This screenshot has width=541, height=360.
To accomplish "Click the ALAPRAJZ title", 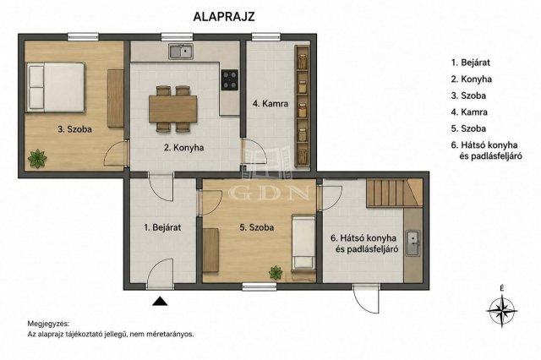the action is tap(224, 17).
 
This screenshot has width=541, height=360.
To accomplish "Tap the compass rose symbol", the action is tap(501, 310).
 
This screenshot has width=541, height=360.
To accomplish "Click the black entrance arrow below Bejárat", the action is tap(160, 301).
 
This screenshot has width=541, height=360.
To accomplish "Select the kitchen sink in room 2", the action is tap(180, 52).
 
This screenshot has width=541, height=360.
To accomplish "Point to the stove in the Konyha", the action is tap(230, 79).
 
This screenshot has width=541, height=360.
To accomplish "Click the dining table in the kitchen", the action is tap(172, 109).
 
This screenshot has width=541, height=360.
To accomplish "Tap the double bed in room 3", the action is tap(56, 87).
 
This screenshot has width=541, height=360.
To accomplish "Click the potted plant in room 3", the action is tap(37, 159).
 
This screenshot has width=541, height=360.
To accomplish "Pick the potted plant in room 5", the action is tap(276, 272).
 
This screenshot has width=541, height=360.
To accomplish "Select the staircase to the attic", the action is tap(395, 193).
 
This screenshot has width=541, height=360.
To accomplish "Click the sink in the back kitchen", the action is tap(413, 243).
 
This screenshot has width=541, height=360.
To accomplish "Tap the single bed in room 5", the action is tap(303, 242).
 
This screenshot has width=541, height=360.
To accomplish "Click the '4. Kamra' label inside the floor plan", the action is tap(270, 103).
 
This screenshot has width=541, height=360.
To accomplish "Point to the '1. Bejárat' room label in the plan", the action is tap(162, 227).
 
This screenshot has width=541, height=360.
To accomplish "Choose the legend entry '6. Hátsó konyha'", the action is tap(484, 145).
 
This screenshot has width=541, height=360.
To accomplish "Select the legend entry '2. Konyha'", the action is tap(472, 79).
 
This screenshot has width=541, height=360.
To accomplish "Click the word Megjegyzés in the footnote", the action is tap(48, 324).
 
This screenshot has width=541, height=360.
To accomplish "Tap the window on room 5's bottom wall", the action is tap(260, 286).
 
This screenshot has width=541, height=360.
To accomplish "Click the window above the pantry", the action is tap(265, 36).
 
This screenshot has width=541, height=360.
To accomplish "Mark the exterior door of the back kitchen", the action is tap(366, 298).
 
